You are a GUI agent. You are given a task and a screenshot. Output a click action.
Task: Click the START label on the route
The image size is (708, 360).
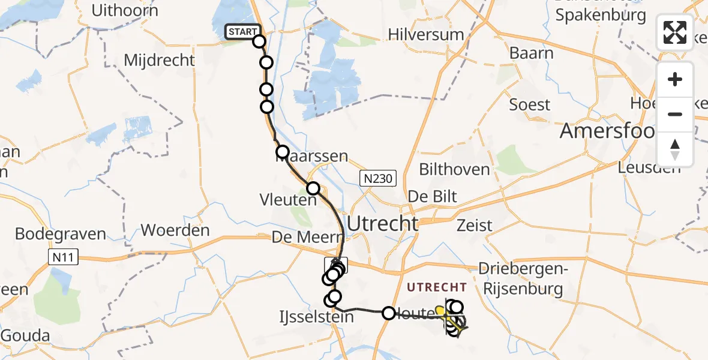[242, 32]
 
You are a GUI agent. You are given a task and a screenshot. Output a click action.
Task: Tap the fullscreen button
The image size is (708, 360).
[675, 32]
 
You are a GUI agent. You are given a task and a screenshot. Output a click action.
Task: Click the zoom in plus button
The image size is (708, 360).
[675, 79]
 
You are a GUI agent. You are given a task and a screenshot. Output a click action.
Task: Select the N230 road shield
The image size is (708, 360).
[378, 178]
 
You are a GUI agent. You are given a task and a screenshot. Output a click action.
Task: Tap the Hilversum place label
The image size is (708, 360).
[426, 34]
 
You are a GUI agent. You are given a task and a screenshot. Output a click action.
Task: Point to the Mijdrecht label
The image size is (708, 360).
[159, 61]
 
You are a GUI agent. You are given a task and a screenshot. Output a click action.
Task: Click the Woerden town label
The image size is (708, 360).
[175, 230]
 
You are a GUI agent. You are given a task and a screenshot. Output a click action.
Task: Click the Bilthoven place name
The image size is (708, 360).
[454, 169]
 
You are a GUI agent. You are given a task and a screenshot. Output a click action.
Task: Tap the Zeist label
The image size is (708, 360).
[474, 226]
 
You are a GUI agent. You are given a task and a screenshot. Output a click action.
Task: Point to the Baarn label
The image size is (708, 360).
[531, 53]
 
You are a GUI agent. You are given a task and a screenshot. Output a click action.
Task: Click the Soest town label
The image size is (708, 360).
[529, 105]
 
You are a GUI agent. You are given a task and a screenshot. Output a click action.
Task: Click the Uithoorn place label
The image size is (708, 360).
[125, 11]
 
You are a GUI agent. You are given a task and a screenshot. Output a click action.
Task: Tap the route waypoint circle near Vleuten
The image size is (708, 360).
[313, 188]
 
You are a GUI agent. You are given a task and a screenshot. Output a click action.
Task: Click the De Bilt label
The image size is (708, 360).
[432, 196]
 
